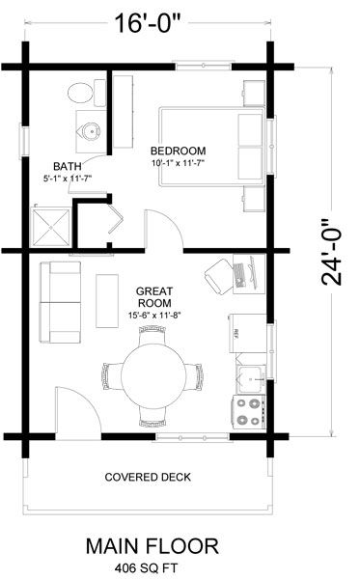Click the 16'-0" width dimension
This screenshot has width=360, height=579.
coord(149,23)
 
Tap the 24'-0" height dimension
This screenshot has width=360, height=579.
coord(331,253)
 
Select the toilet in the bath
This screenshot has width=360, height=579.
coord(87,93)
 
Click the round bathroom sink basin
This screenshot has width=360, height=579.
coord(91,130)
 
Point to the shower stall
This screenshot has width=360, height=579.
coord(50,228)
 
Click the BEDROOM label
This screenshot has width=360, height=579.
coord(178,151)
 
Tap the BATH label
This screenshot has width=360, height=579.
coord(68,166)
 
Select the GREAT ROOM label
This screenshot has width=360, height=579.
coord(154,297)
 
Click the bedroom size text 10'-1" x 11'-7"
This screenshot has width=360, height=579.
coord(178,163)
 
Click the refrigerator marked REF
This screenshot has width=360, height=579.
coord(248,333)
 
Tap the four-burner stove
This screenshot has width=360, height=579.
coord(249,412)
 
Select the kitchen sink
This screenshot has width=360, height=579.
coord(251,379)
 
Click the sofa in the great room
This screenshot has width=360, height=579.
coord(60,302)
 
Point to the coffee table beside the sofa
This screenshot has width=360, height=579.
coord(107,300)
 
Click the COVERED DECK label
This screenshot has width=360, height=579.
coord(148,477)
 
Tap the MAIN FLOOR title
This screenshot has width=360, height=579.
coord(152,546)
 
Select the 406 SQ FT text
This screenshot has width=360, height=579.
coord(146,567)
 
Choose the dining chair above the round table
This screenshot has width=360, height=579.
coord(152,334)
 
